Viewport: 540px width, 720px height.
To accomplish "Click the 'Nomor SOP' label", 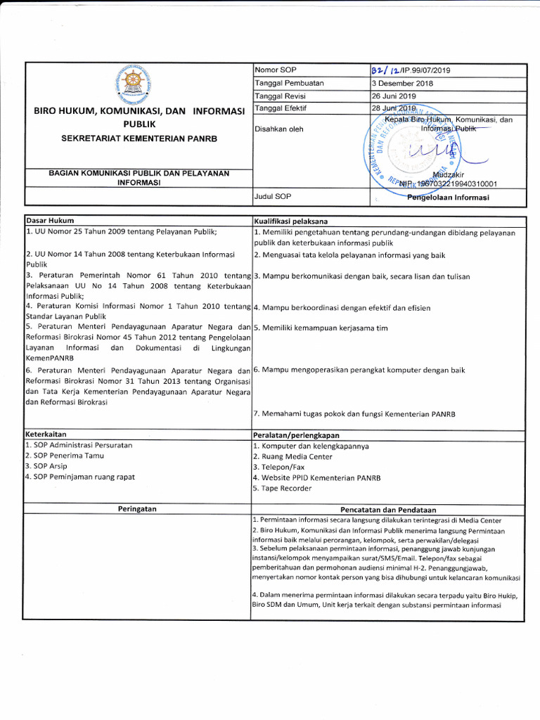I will (x=276, y=70).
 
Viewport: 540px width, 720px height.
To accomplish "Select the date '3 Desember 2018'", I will (x=402, y=83).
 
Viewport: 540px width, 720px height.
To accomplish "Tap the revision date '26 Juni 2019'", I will (x=394, y=96).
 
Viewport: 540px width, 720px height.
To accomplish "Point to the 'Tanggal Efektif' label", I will (x=281, y=108).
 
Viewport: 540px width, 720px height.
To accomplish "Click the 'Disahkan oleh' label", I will (x=279, y=129).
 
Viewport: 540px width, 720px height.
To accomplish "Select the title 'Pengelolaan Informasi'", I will (x=448, y=197).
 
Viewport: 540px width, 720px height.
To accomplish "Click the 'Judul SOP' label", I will (x=272, y=197).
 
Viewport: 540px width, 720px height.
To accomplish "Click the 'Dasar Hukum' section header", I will (x=50, y=221).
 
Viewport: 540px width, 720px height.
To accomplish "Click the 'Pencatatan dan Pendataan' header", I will (x=388, y=509).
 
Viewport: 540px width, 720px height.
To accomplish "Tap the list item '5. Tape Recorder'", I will (x=283, y=487).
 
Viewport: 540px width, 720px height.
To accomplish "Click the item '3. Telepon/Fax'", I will (x=278, y=466).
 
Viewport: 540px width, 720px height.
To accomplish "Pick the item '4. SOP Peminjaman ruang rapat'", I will (x=80, y=477).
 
